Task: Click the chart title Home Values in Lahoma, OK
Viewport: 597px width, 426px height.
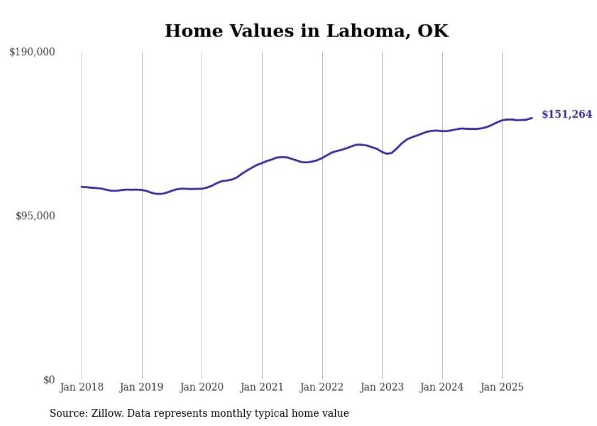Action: coord(306,31)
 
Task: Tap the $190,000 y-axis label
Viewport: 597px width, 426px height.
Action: coord(32,52)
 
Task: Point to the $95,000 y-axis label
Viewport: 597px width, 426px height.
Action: coord(35,216)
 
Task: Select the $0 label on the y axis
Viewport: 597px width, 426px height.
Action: coord(49,380)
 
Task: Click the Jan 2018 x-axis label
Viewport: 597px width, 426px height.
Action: coord(82,387)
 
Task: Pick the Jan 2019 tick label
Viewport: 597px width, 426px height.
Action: coord(142,387)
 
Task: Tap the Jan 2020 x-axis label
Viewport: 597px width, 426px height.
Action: coord(202,387)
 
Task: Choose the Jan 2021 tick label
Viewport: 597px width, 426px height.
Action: coord(262,387)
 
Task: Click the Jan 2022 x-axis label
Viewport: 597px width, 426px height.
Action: coord(322,387)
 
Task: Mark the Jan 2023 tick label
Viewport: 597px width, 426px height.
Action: coord(382,387)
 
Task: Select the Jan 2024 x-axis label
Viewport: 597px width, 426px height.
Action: coord(442,387)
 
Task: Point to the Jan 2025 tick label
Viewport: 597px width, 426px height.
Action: coord(502,387)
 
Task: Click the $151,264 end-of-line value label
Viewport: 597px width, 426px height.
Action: coord(567,115)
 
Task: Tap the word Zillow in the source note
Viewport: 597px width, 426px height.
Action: coord(107,413)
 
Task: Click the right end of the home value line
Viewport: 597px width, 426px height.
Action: coord(532,118)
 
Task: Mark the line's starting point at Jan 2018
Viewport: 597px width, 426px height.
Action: coord(82,187)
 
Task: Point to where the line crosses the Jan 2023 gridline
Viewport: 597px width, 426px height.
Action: coord(382,151)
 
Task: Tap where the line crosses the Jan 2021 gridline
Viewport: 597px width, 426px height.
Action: coord(262,163)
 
